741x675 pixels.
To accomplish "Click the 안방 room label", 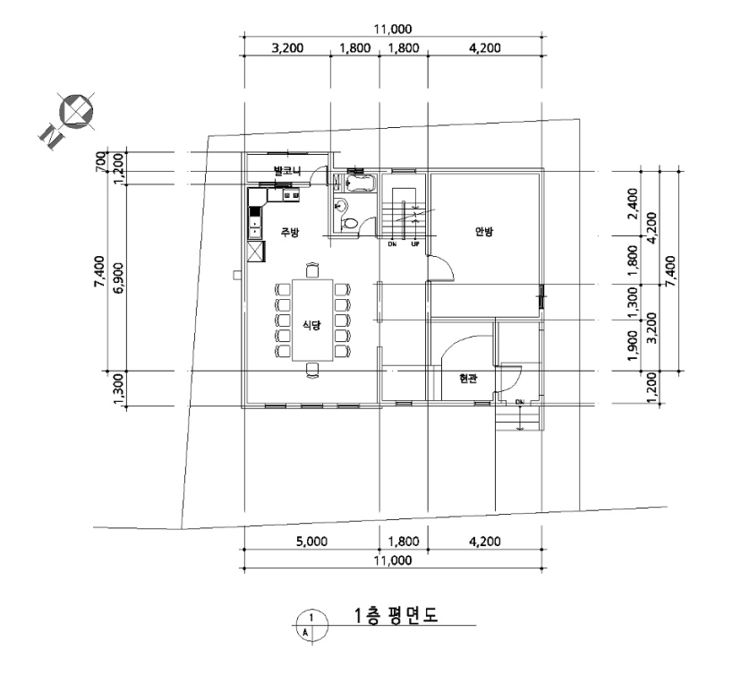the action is point(484,232).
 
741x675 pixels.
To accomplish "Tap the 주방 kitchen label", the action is point(290,232).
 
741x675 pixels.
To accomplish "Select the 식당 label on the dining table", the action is point(312,325).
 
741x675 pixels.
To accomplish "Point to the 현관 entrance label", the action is point(468,379).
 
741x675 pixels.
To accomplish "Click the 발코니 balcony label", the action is point(287,170).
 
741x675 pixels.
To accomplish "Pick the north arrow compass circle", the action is point(76,112).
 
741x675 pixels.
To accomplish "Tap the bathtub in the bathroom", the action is point(360,184).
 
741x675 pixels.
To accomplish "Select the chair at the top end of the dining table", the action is point(312,269).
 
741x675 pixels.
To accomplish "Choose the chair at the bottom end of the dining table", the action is point(312,371).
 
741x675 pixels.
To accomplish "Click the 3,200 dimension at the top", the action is point(287,47).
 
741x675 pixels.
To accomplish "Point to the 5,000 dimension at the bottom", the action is point(311,542).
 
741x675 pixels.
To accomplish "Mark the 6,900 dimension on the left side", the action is point(119,278).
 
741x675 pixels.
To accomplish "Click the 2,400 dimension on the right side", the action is point(634,204).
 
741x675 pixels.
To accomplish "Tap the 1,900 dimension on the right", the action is point(634,346).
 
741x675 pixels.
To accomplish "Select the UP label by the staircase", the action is point(415,244).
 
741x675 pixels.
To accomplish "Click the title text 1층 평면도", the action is point(396,615).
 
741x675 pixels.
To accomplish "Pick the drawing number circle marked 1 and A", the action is point(311,625).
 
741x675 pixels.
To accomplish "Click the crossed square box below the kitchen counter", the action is point(256,251).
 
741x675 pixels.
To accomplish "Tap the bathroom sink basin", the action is point(340,206).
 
